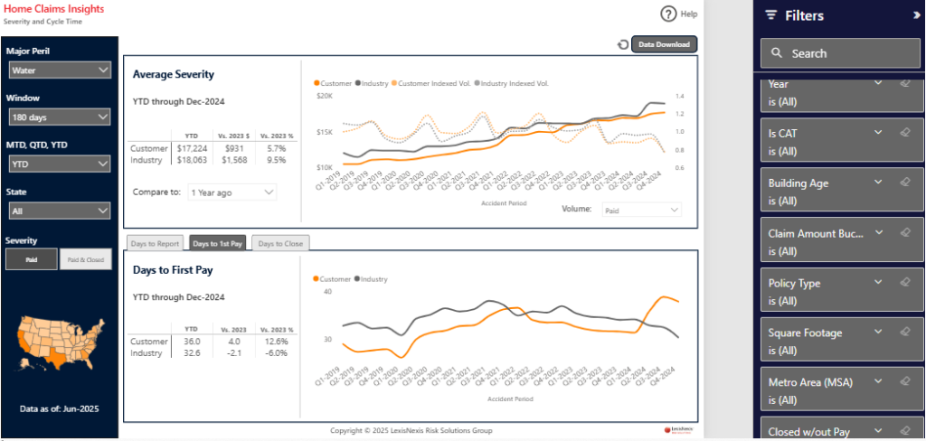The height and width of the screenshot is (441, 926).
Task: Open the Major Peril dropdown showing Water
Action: click(x=60, y=70)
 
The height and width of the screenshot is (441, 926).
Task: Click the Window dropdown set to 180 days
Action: click(x=60, y=117)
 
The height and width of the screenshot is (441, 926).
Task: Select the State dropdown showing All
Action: click(x=60, y=211)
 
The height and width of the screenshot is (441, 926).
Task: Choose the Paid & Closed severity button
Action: click(x=85, y=260)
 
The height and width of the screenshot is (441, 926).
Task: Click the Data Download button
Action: click(x=664, y=44)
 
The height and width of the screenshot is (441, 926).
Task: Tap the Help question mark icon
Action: click(x=669, y=14)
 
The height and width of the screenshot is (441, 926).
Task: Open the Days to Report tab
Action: click(x=156, y=243)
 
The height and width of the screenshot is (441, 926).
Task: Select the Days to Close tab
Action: click(x=280, y=243)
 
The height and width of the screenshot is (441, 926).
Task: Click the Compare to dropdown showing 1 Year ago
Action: click(x=231, y=192)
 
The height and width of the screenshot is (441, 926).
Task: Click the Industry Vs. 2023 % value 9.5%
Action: click(x=276, y=160)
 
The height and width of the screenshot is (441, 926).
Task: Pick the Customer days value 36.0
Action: click(x=192, y=342)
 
